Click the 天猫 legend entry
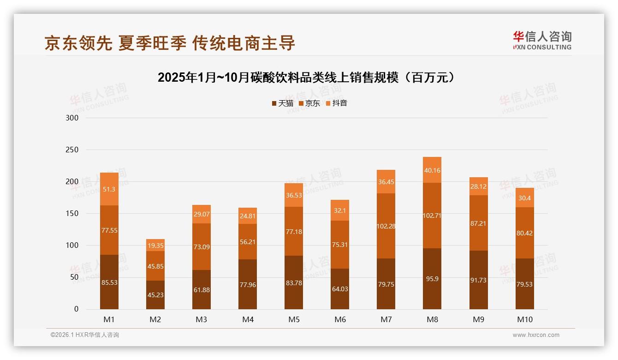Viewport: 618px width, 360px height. coord(283,103)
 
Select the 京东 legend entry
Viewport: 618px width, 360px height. coord(309,103)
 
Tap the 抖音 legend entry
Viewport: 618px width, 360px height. coord(337,103)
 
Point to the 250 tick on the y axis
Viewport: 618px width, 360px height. coord(72,150)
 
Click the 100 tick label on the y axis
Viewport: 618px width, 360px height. coord(72,246)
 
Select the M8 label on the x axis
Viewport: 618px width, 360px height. coord(432,319)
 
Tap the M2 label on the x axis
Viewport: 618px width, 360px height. coord(155,319)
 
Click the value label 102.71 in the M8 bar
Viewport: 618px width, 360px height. coord(432,216)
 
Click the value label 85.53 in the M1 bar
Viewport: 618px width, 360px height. coord(109,282)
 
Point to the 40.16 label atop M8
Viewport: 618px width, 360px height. coord(432,170)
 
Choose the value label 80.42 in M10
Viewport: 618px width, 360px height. coord(524,233)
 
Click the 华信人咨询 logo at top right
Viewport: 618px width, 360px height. coord(542,40)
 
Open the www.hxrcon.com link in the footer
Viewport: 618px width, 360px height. coord(536,335)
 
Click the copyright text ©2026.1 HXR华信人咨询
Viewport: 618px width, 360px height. coord(84,335)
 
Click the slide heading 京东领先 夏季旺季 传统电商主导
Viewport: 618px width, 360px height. coord(170,43)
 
